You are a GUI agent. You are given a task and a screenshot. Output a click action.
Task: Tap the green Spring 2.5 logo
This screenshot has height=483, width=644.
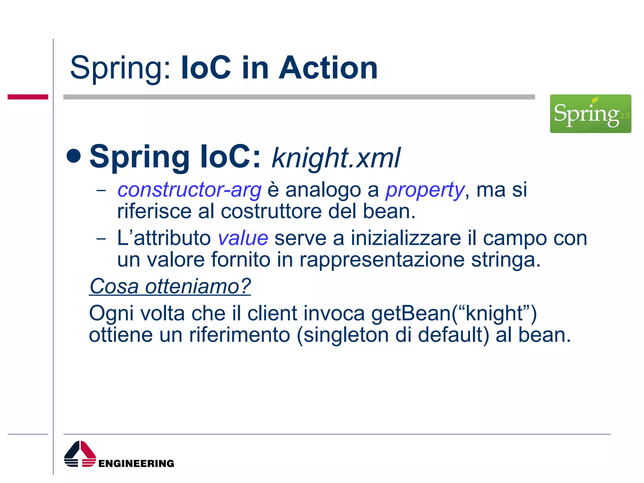[590, 114]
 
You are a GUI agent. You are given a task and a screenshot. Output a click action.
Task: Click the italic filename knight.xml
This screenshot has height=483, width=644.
[336, 158]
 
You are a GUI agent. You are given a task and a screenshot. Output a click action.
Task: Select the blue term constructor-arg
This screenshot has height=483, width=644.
[189, 190]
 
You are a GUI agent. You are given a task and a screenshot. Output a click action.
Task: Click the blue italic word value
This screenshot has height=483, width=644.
[243, 238]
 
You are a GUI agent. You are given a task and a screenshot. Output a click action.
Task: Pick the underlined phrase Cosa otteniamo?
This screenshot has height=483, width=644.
[170, 286]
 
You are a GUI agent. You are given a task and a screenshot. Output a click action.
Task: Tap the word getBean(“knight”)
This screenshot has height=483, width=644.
[454, 314]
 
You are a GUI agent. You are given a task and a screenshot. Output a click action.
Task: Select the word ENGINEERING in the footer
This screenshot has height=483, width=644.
[136, 463]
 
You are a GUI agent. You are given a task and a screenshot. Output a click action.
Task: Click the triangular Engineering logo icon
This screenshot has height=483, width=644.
[80, 454]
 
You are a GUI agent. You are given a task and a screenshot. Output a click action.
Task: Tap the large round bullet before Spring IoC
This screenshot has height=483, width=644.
[74, 156]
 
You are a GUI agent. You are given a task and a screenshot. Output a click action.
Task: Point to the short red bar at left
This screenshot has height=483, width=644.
[28, 97]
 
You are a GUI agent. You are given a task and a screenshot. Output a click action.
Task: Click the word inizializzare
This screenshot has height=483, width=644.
[406, 238]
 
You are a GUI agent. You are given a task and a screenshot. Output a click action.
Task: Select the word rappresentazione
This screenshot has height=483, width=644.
[382, 260]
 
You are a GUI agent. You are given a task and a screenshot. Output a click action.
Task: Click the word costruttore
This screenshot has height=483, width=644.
[271, 211]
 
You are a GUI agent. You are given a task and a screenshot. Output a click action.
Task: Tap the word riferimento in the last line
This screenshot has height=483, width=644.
[239, 335]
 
